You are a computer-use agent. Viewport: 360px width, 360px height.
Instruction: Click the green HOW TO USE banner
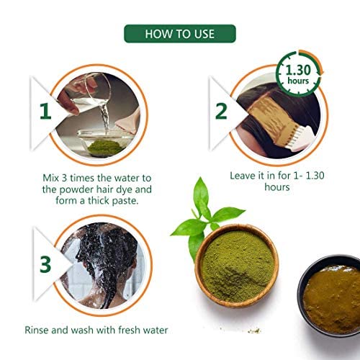click(180, 34)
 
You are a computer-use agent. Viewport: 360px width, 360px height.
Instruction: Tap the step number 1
click(45, 111)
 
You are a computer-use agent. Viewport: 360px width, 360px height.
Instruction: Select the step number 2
click(221, 111)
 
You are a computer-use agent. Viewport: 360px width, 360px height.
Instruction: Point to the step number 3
click(45, 264)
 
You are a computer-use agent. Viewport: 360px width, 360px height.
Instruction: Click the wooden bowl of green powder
click(237, 266)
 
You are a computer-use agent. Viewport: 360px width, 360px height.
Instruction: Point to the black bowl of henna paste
click(330, 295)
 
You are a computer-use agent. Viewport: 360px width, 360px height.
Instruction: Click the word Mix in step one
click(50, 178)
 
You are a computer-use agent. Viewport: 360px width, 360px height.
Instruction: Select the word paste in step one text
click(125, 201)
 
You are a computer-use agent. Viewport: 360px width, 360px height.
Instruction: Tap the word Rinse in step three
click(37, 330)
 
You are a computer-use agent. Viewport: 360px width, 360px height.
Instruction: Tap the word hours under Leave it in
click(277, 187)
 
